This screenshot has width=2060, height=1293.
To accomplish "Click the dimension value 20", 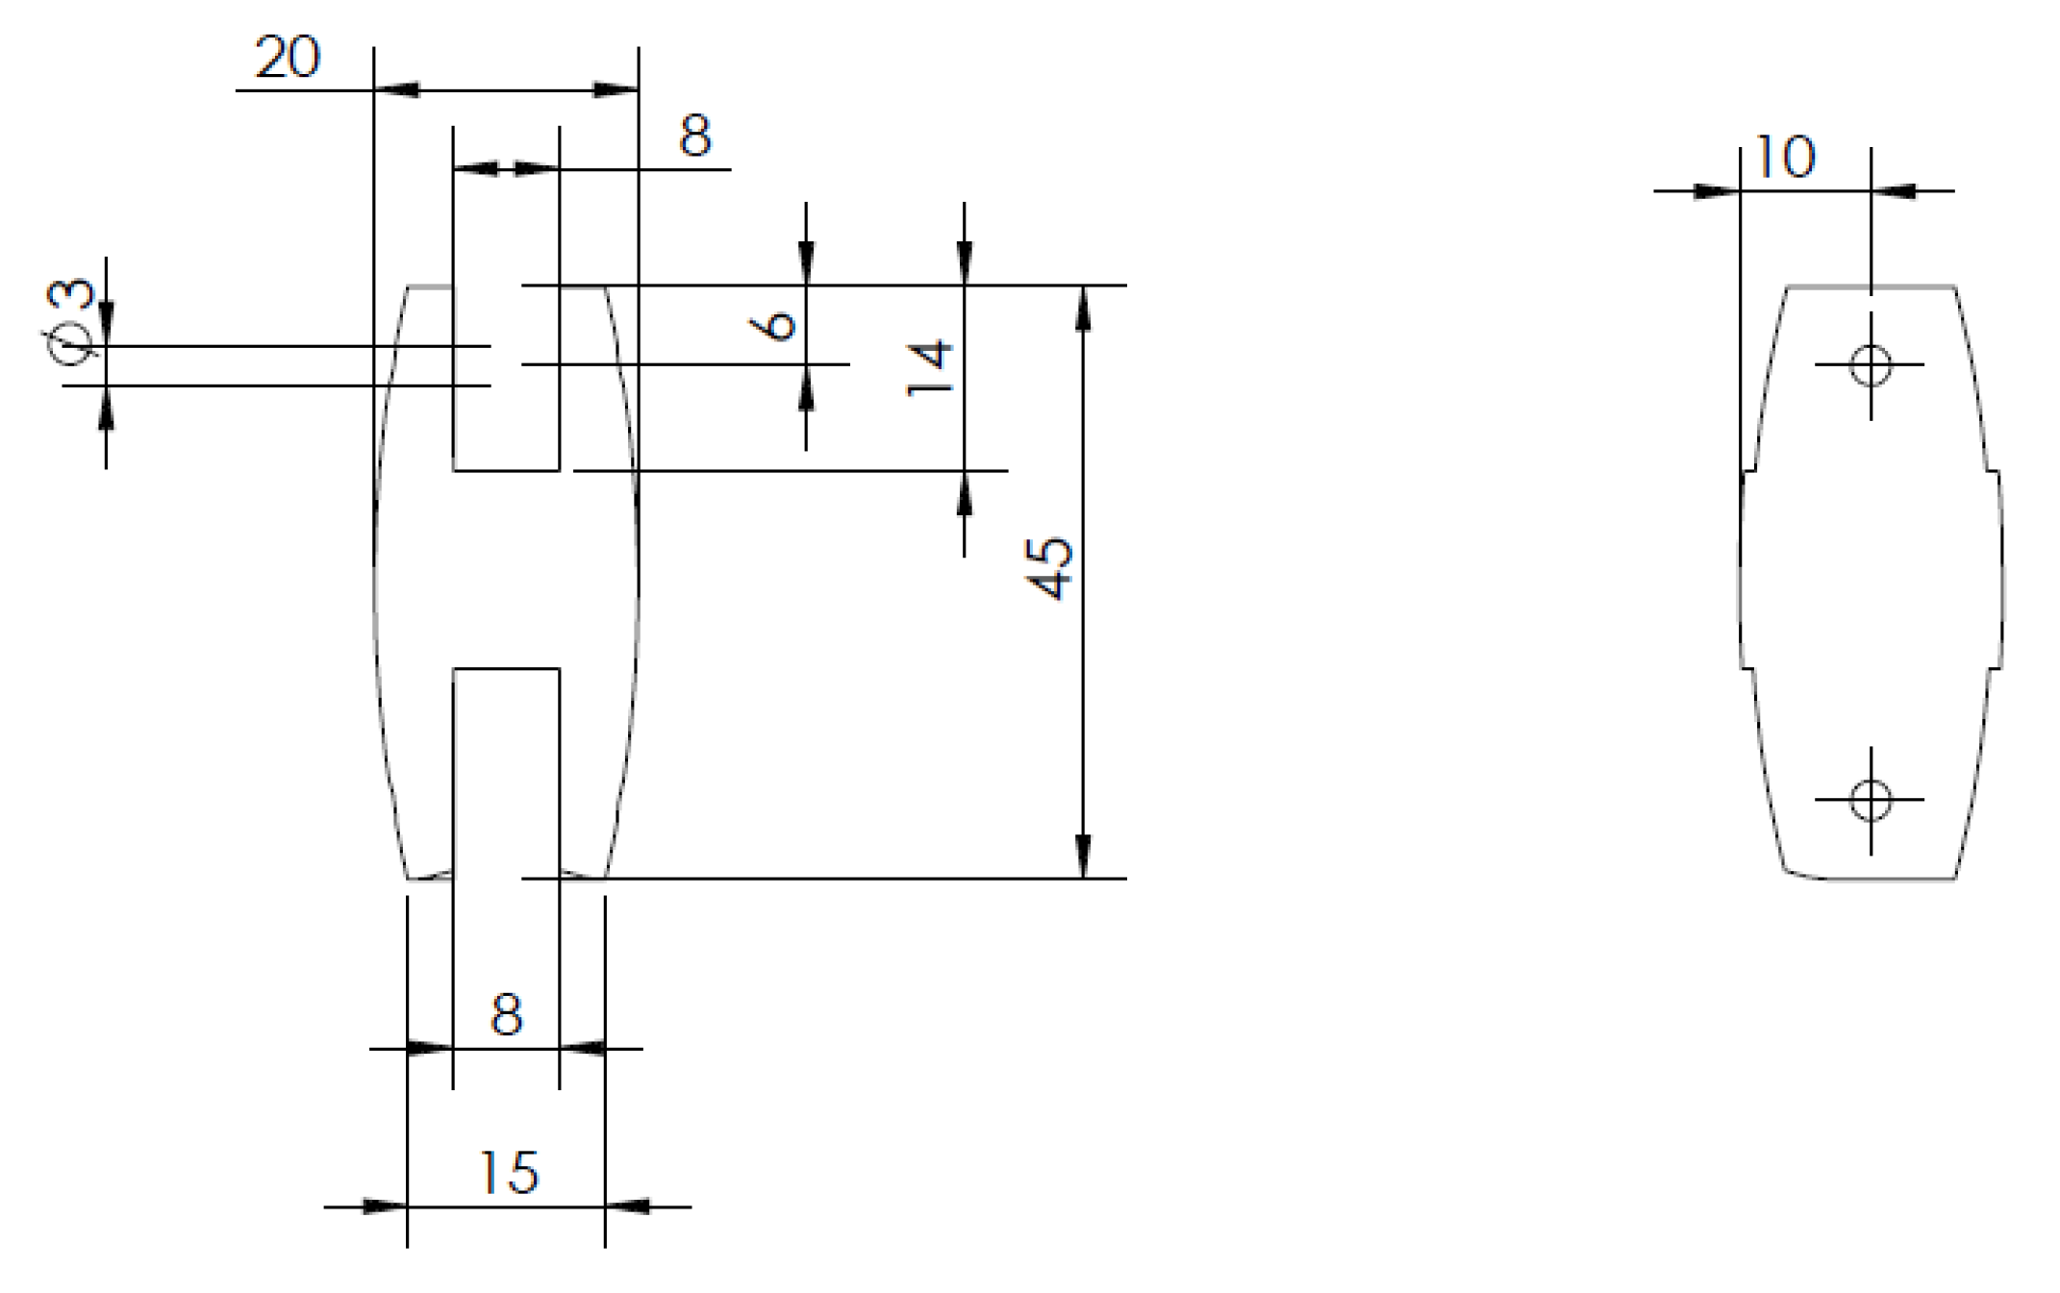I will click(287, 58).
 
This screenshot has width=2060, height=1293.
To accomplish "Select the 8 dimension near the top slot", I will click(694, 136).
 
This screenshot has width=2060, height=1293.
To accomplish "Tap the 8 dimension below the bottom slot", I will click(506, 1014).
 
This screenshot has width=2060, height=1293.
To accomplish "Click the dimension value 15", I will click(508, 1173).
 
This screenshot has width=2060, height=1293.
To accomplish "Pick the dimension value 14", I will click(929, 367).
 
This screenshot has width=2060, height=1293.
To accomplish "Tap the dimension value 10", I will click(1785, 158).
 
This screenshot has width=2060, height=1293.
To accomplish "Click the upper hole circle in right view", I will click(1871, 365).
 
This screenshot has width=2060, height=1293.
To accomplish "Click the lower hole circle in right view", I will click(1871, 800).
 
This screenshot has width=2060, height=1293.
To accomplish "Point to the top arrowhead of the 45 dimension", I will click(1083, 308).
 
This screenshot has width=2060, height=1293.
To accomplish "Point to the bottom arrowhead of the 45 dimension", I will click(1083, 856).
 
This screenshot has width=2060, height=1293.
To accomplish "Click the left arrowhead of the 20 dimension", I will click(396, 90).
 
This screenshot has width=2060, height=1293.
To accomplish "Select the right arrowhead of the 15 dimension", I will click(627, 1206).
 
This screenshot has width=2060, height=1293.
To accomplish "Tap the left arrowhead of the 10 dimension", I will click(1718, 191).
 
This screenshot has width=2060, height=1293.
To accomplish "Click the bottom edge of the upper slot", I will click(506, 470).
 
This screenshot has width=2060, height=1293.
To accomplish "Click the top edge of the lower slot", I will click(506, 668).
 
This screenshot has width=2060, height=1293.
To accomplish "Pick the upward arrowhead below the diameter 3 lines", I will click(106, 409).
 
